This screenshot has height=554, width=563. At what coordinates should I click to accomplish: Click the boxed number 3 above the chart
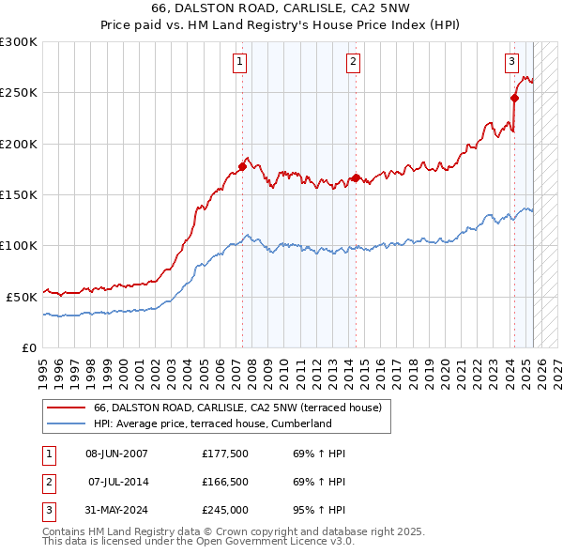[511, 62]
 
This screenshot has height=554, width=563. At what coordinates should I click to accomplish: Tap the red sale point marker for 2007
[242, 167]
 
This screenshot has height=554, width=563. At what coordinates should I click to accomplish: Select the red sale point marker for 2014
[357, 177]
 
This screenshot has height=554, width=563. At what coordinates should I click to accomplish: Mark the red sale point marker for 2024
[515, 98]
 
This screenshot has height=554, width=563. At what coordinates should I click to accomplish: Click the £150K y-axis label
[19, 194]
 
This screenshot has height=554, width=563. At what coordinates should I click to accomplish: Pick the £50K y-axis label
[22, 296]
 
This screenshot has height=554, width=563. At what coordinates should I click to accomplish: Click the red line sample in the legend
[66, 408]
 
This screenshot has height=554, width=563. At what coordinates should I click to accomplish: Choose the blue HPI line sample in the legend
[66, 423]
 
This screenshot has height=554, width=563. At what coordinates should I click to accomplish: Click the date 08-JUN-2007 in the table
[116, 454]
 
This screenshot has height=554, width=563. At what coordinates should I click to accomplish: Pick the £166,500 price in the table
[224, 482]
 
